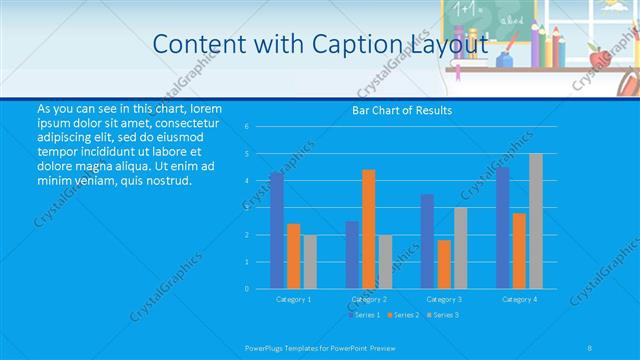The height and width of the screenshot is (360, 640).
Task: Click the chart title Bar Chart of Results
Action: click(x=402, y=110)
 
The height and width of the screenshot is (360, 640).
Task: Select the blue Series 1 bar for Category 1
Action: click(x=276, y=230)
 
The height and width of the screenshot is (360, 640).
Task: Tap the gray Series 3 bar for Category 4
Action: click(x=536, y=221)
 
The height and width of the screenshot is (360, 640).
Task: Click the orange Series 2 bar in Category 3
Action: click(x=444, y=264)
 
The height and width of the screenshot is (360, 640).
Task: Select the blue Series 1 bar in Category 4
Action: click(x=502, y=228)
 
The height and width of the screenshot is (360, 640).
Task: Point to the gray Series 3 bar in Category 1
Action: click(x=310, y=261)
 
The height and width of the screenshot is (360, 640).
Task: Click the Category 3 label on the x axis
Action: click(x=444, y=299)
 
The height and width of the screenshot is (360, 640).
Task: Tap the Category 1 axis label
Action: click(x=293, y=299)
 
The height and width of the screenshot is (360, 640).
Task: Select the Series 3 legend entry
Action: click(x=443, y=315)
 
